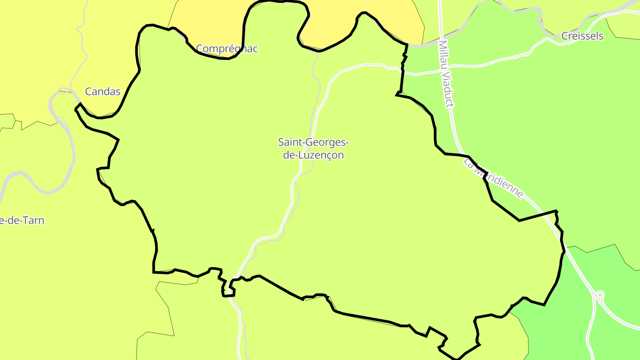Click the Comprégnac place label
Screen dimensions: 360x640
(x=227, y=48)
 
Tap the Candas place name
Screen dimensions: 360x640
(x=103, y=92)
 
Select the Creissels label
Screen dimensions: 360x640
(x=582, y=36)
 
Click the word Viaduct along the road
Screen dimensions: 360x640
(x=449, y=91)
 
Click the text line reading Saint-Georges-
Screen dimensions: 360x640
(x=313, y=142)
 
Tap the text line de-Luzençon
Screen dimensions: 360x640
(x=313, y=155)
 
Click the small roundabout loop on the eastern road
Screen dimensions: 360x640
(x=600, y=295)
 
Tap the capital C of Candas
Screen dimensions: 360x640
(x=88, y=92)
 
